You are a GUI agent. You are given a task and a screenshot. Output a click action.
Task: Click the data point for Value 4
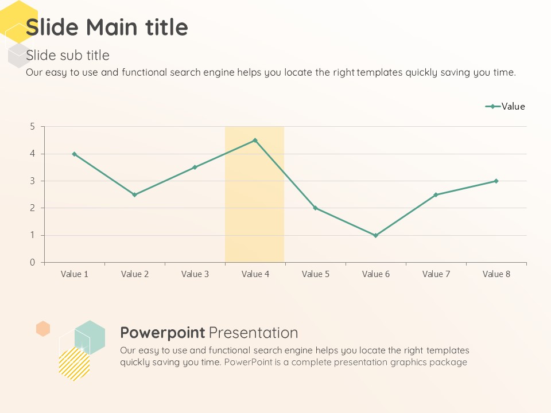[x=255, y=140]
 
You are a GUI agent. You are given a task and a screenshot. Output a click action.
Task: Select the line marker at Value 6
[x=375, y=235]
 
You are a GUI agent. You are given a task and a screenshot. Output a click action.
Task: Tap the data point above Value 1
[x=74, y=154]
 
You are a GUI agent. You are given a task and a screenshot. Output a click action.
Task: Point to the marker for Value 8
[x=496, y=181]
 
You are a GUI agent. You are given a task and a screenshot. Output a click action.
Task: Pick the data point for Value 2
[x=134, y=194]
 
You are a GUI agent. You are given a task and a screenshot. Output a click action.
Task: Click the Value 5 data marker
[x=315, y=208]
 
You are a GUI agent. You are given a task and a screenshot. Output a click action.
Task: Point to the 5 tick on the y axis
[x=33, y=126]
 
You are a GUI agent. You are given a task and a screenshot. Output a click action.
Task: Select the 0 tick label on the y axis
[x=33, y=262]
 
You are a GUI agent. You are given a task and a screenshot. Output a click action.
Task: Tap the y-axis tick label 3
[x=33, y=181]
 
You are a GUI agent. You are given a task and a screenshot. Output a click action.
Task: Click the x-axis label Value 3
[x=195, y=274]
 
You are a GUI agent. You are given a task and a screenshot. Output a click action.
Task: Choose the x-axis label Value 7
[x=436, y=274]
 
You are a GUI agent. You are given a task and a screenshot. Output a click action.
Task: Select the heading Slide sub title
[x=68, y=55]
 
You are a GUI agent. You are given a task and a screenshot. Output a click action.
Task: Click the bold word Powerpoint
[x=162, y=333]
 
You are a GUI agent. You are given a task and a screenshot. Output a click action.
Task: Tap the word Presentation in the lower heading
[x=253, y=333]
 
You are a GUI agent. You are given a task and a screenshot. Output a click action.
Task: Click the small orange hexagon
[x=43, y=329]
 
